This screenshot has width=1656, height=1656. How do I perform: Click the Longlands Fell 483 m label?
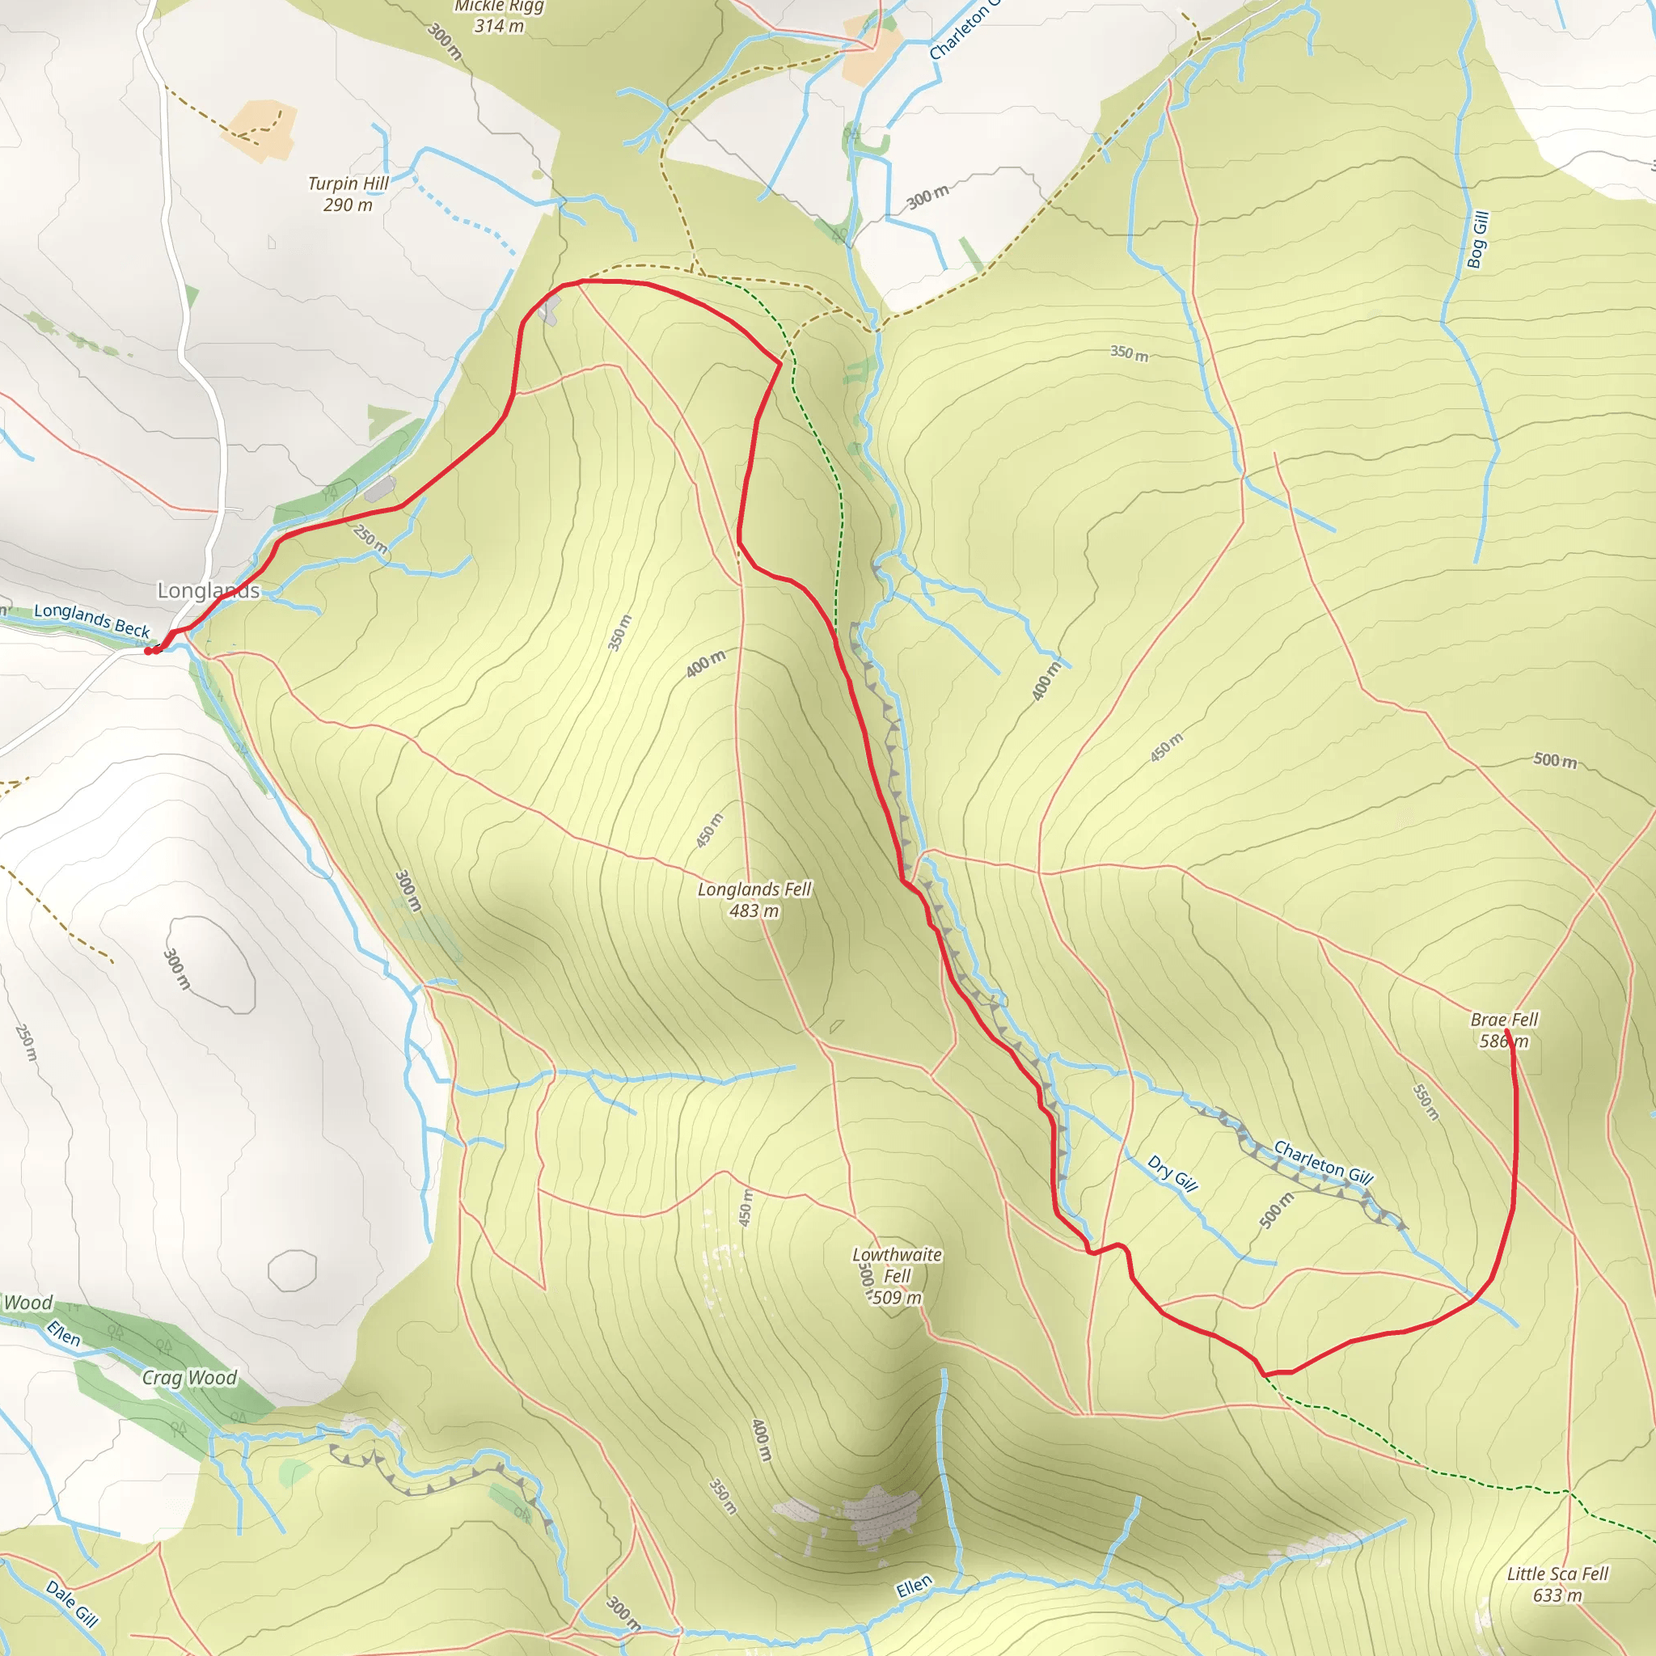pyautogui.click(x=754, y=900)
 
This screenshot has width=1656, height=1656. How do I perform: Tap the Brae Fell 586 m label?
pyautogui.click(x=1504, y=1030)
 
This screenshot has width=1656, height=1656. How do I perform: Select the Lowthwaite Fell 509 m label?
pyautogui.click(x=897, y=1275)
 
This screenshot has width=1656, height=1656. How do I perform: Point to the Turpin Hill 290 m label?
pyautogui.click(x=348, y=194)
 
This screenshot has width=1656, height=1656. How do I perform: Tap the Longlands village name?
pyautogui.click(x=209, y=590)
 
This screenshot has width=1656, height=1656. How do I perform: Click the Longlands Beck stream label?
pyautogui.click(x=91, y=619)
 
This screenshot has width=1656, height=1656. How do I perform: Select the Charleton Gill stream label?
pyautogui.click(x=1324, y=1162)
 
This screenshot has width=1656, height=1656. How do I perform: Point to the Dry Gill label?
pyautogui.click(x=1172, y=1173)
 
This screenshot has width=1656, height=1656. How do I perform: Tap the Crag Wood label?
pyautogui.click(x=189, y=1377)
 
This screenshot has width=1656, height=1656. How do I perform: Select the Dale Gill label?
pyautogui.click(x=72, y=1603)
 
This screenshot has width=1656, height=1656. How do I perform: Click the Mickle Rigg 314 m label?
pyautogui.click(x=499, y=16)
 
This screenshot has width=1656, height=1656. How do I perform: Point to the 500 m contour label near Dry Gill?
pyautogui.click(x=1276, y=1210)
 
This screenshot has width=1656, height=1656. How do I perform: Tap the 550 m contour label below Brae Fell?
pyautogui.click(x=1426, y=1103)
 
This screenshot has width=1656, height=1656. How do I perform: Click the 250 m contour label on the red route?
pyautogui.click(x=370, y=539)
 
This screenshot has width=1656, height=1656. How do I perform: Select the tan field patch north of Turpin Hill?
pyautogui.click(x=260, y=130)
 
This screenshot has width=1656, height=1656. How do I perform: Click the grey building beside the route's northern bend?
pyautogui.click(x=548, y=310)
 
